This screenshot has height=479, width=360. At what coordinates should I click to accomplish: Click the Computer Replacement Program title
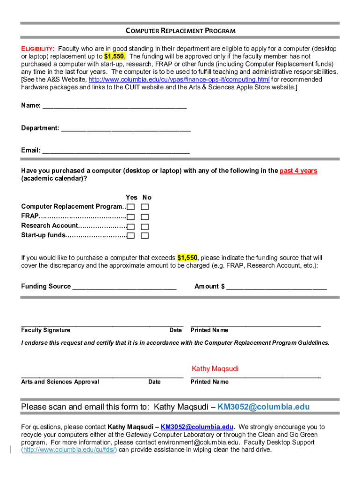tap(180, 31)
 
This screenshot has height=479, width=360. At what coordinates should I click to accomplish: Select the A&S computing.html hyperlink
tap(179, 80)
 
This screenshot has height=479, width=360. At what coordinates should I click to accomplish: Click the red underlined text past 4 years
tap(298, 171)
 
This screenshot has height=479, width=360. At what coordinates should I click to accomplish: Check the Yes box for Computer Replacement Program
tap(131, 207)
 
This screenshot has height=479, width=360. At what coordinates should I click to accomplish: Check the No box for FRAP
tap(145, 217)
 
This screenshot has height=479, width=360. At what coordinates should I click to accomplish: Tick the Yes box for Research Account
tap(131, 226)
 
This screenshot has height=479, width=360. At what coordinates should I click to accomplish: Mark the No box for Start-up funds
tap(145, 235)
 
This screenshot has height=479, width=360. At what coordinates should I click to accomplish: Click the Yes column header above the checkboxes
tap(131, 197)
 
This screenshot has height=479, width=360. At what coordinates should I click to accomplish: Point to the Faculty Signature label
tap(46, 330)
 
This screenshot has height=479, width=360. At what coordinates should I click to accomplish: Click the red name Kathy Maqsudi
tap(215, 369)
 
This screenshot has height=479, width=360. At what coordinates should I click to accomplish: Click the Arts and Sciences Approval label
tap(60, 382)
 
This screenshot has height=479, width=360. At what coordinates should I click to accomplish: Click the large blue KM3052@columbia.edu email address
tap(264, 406)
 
